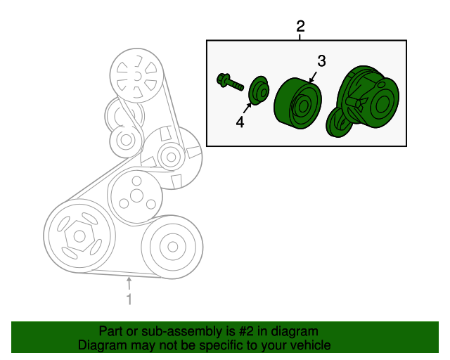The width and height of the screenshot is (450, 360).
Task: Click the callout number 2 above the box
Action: pyautogui.click(x=300, y=27)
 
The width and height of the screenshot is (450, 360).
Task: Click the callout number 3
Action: pyautogui.click(x=321, y=61)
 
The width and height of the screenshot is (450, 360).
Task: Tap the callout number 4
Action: pyautogui.click(x=240, y=122)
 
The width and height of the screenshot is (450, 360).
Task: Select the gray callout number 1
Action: pyautogui.click(x=129, y=299)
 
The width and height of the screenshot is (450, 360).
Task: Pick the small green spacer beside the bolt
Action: pyautogui.click(x=259, y=90)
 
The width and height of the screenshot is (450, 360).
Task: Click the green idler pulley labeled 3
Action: pyautogui.click(x=298, y=103)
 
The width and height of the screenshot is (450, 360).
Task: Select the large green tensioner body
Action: pyautogui.click(x=363, y=101)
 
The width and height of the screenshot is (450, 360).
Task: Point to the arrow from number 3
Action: pyautogui.click(x=313, y=77)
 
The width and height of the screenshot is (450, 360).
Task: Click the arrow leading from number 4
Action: pyautogui.click(x=247, y=108)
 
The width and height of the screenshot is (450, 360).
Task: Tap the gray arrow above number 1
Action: pyautogui.click(x=129, y=283)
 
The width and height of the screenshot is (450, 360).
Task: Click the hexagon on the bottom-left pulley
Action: pyautogui.click(x=79, y=236)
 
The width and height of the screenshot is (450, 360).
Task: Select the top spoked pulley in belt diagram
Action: pyautogui.click(x=137, y=75)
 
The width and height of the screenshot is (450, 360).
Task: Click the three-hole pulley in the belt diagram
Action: pyautogui.click(x=136, y=196)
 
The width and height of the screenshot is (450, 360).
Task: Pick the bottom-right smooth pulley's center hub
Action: pyautogui.click(x=172, y=247)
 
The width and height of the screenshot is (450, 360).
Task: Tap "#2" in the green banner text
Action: pyautogui.click(x=247, y=331)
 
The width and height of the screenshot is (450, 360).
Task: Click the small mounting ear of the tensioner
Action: pyautogui.click(x=339, y=123)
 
